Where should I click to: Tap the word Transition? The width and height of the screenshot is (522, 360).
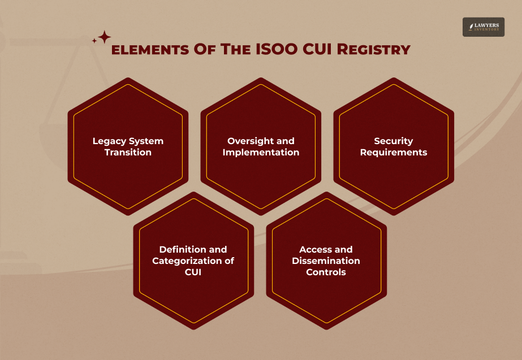tap(128, 153)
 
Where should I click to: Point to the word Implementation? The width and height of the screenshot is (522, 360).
tap(261, 153)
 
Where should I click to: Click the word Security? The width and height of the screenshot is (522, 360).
tap(394, 141)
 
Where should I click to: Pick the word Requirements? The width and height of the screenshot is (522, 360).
tap(394, 153)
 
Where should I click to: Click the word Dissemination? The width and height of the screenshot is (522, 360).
tap(326, 261)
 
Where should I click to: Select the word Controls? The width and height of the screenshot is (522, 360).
tap(326, 272)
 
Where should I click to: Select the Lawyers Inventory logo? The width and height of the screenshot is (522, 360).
tap(483, 27)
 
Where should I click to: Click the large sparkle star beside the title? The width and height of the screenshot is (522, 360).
tap(104, 37)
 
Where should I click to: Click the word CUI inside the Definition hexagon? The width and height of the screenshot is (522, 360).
tap(193, 272)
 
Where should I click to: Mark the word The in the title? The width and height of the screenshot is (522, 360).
tap(228, 50)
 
